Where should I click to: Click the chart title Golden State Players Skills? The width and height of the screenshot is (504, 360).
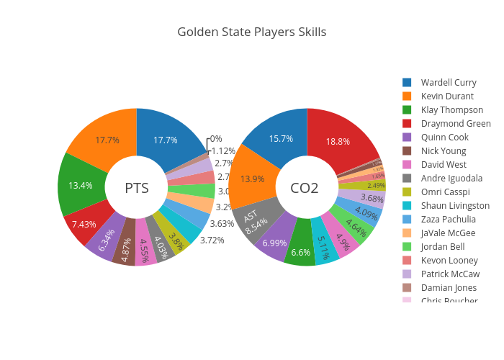coord(251,32)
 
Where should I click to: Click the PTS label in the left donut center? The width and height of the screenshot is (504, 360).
coord(137,188)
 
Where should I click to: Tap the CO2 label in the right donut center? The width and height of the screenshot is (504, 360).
coord(304,188)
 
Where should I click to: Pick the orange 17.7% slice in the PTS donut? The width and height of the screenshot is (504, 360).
coord(107,140)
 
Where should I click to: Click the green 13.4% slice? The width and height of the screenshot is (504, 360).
coord(80,185)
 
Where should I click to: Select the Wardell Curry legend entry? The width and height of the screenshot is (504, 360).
coord(448,82)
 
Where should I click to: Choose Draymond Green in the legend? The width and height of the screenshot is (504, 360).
coord(456,124)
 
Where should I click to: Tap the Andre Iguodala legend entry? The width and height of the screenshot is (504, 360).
coord(452,179)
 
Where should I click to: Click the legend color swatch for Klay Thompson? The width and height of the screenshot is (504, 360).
coord(407,110)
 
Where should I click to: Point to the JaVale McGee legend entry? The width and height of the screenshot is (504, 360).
coord(448,233)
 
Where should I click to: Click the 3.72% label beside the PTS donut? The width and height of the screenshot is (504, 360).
coord(212,240)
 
